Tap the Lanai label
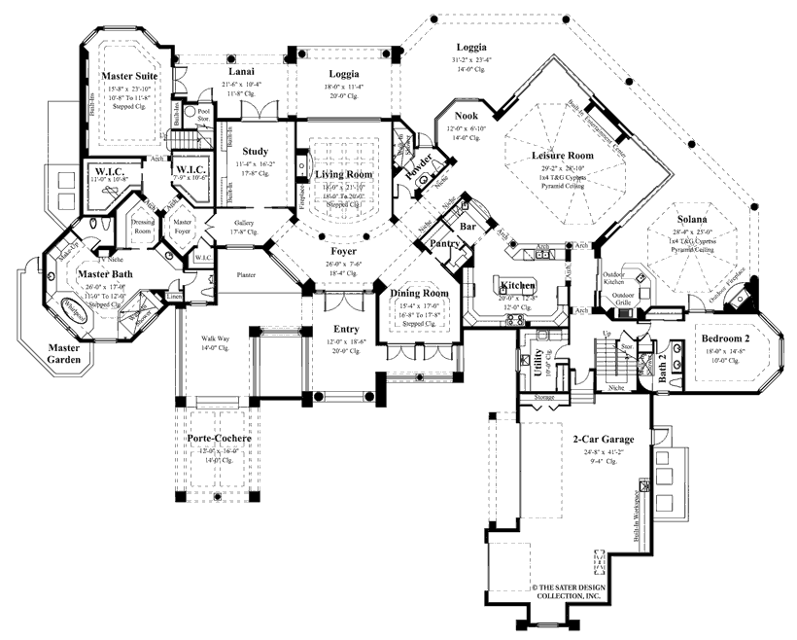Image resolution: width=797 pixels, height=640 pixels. [241, 72]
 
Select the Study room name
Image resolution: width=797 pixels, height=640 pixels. [255, 151]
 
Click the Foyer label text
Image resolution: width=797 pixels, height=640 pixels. [340, 251]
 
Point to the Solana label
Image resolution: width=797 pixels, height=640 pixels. [692, 206]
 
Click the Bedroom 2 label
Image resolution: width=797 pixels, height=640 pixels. [727, 338]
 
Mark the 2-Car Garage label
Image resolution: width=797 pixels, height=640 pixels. [597, 439]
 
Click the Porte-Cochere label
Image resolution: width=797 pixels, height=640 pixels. [220, 440]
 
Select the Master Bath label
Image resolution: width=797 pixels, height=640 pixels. [105, 275]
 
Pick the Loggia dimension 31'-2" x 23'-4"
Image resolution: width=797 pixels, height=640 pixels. [473, 61]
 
